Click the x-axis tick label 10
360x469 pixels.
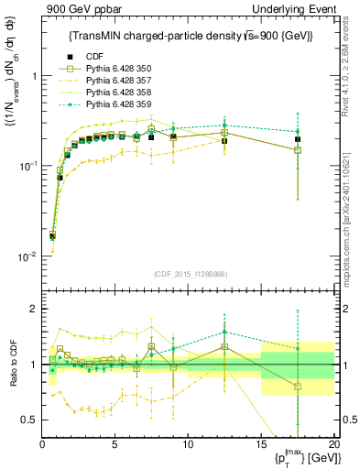pyautogui.click(x=188, y=444)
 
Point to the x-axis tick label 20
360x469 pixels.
pyautogui.click(x=333, y=444)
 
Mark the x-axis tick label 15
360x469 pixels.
pyautogui.click(x=260, y=444)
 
